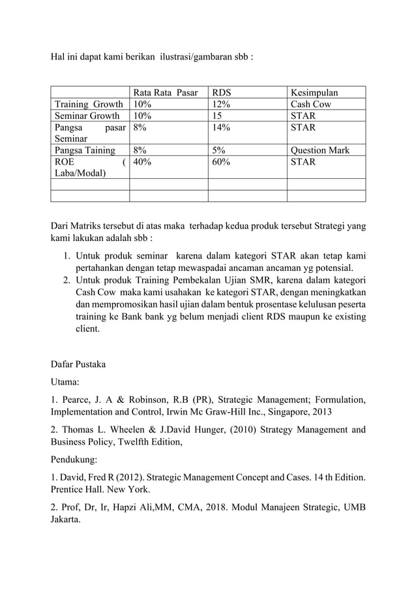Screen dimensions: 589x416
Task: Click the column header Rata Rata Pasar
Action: pyautogui.click(x=165, y=92)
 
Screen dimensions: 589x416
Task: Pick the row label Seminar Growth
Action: pyautogui.click(x=87, y=116)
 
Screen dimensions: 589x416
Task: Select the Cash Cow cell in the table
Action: pyautogui.click(x=310, y=104)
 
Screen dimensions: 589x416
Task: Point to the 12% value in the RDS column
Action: pyautogui.click(x=221, y=104)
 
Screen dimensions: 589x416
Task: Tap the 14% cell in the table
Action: pyautogui.click(x=221, y=127)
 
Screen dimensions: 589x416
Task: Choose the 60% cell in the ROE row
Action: pyautogui.click(x=221, y=162)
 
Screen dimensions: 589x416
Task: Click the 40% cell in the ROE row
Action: pyautogui.click(x=143, y=162)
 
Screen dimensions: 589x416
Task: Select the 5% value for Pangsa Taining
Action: pyautogui.click(x=218, y=150)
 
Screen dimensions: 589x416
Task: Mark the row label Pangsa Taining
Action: pyautogui.click(x=84, y=150)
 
